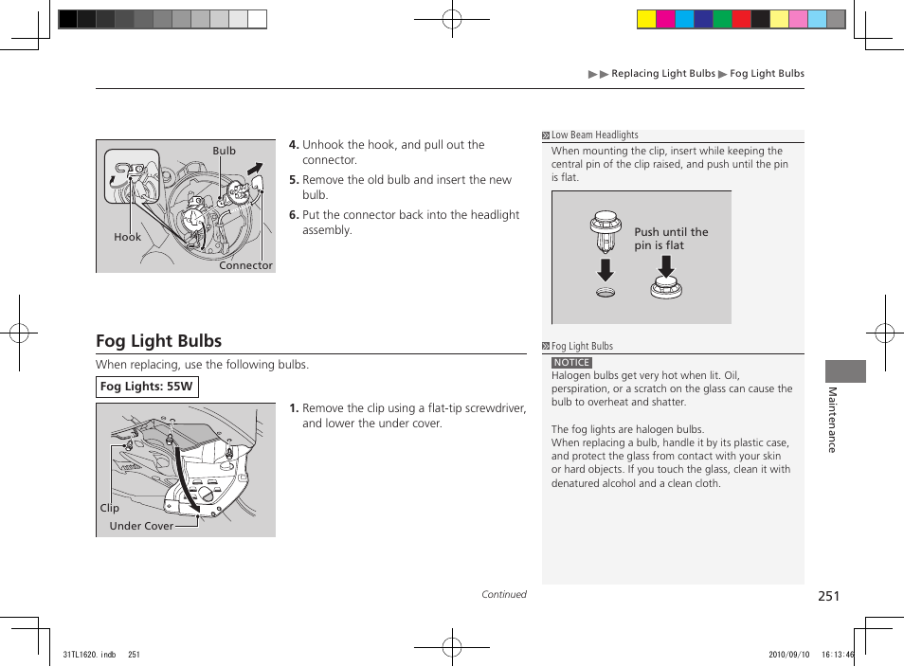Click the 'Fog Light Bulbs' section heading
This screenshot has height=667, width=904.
click(158, 341)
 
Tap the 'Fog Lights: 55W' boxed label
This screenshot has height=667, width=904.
click(147, 387)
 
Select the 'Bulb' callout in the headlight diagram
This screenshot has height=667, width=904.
click(224, 151)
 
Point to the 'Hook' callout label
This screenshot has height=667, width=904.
click(127, 238)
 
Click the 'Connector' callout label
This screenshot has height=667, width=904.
click(245, 266)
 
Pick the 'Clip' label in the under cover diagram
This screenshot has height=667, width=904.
click(110, 509)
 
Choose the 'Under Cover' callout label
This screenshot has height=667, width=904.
click(141, 527)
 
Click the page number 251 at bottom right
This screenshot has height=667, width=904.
click(828, 596)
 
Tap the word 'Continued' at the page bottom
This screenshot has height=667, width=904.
click(503, 595)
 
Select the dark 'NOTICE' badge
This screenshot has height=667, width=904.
click(571, 363)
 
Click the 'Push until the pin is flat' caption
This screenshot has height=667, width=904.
click(671, 239)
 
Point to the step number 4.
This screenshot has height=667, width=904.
click(294, 145)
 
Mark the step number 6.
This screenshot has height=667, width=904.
click(294, 215)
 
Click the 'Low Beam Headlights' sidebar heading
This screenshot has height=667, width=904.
click(595, 135)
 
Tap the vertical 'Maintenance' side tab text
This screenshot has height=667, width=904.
click(832, 420)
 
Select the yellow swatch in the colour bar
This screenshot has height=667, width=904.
click(646, 19)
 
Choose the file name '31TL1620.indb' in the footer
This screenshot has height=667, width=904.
click(88, 654)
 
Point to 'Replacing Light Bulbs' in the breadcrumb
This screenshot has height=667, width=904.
click(663, 74)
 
